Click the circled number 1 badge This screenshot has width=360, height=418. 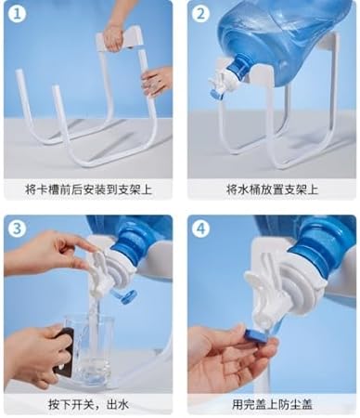tap(18, 14)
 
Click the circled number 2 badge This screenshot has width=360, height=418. tap(200, 14)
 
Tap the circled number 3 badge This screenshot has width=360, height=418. tap(18, 229)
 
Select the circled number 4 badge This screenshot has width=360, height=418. tap(200, 229)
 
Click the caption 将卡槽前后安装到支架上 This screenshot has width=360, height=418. tap(88, 189)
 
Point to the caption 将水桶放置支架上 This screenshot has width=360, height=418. tap(272, 189)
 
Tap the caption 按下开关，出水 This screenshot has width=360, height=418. tap(88, 404)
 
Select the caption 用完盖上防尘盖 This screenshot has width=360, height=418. tap(272, 404)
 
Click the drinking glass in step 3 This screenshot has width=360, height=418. tap(89, 350)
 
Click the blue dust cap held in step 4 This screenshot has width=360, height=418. tap(257, 336)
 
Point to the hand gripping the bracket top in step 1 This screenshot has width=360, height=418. tap(113, 36)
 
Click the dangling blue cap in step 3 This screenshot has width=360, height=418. tap(124, 296)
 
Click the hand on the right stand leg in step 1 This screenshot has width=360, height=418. tap(157, 81)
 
